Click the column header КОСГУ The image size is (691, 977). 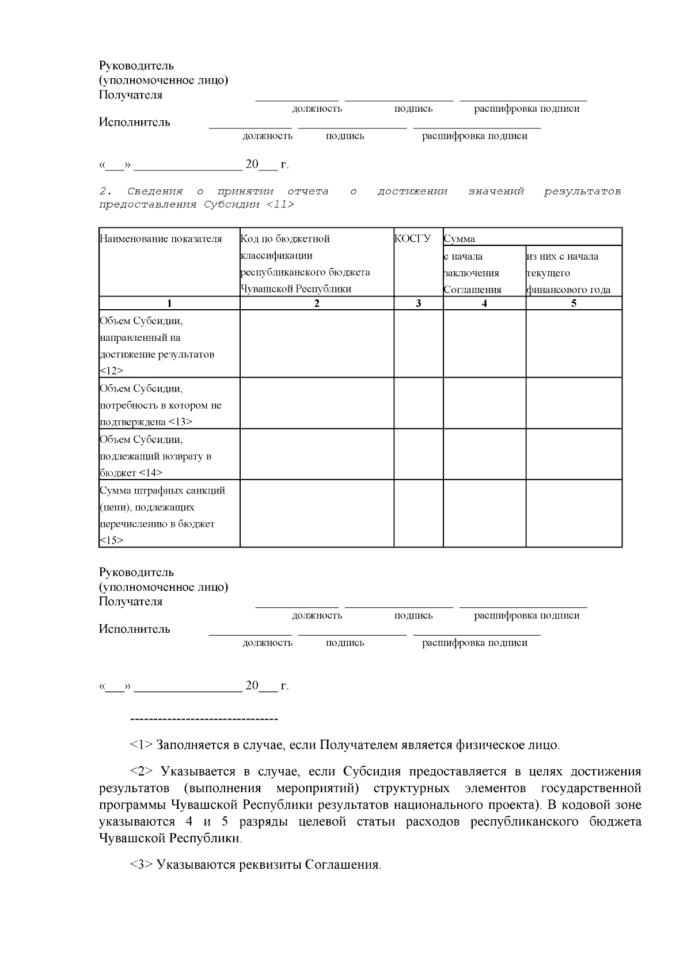pos(412,238)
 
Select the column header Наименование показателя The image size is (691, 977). pos(161,239)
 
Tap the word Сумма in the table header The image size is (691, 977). pos(459,239)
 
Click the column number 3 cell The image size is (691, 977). pos(418,303)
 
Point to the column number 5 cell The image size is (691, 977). pos(574,303)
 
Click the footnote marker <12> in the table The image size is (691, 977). pos(111,371)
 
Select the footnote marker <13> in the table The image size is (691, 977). pos(180,422)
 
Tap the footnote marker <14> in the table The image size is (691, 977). pos(151,473)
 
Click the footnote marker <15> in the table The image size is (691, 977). pos(111,540)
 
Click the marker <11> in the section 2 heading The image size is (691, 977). pos(280,204)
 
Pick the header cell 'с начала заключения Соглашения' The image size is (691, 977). pos(472,273)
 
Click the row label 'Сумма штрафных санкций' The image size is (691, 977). pos(162,491)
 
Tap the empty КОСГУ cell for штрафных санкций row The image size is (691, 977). pos(418,513)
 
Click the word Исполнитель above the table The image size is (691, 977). pos(134,122)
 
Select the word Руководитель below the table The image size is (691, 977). pos(136,572)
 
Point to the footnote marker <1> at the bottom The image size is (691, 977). pos(141,745)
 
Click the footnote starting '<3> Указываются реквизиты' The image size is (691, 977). pos(255,865)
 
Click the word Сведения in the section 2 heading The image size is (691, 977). pos(154,191)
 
